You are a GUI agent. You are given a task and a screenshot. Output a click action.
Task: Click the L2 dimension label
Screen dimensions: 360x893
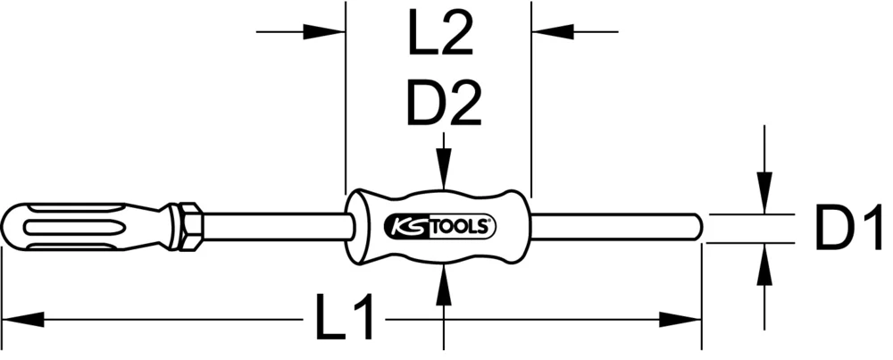(438, 40)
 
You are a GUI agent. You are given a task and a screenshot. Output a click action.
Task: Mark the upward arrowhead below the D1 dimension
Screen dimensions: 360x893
(764, 259)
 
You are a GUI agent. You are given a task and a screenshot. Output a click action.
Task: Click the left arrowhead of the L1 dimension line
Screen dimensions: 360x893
(22, 318)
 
